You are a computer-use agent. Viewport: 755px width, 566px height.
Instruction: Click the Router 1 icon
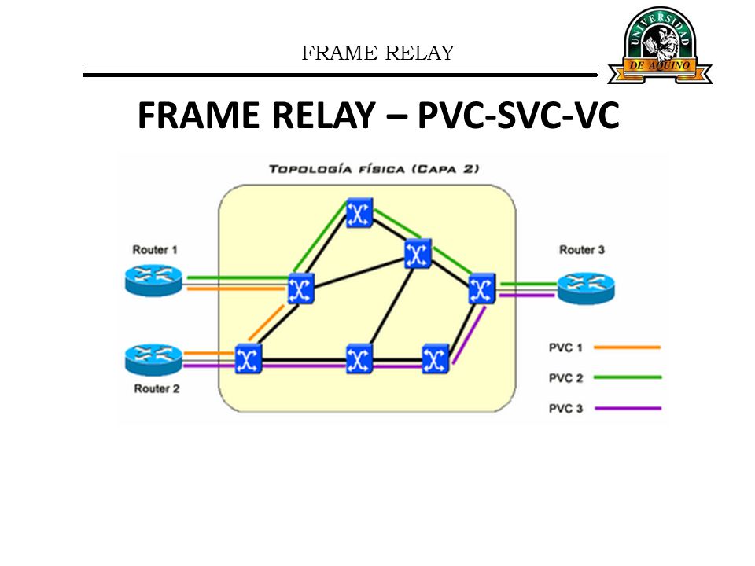point(153,281)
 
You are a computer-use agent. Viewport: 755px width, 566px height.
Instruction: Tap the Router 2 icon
point(153,359)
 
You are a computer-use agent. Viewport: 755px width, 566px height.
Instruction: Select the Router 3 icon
point(586,288)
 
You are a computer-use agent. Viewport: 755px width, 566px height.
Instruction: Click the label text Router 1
point(155,250)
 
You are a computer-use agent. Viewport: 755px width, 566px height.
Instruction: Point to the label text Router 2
point(157,388)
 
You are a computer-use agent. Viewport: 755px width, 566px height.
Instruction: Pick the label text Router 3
point(582,250)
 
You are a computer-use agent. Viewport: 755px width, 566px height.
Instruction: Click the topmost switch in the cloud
point(359,212)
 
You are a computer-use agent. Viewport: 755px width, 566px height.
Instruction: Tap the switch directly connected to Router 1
point(301,289)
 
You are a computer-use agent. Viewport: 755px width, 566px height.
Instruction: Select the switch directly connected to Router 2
point(249,358)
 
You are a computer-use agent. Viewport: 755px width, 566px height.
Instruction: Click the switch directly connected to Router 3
point(482,289)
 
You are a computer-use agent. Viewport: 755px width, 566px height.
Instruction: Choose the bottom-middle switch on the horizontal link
point(359,358)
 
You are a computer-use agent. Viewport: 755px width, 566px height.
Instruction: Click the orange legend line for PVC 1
point(627,347)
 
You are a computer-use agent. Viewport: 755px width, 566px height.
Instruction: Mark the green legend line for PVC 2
point(628,377)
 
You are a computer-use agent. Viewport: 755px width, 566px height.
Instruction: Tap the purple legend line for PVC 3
point(628,408)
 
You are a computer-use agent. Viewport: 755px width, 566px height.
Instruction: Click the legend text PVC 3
point(565,409)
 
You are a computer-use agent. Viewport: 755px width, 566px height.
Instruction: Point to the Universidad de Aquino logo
point(660,45)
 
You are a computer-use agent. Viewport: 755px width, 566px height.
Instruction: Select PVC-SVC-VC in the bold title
point(518,116)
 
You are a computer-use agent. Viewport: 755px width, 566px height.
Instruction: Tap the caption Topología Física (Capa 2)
point(374,169)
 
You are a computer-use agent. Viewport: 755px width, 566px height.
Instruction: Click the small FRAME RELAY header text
point(378,53)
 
